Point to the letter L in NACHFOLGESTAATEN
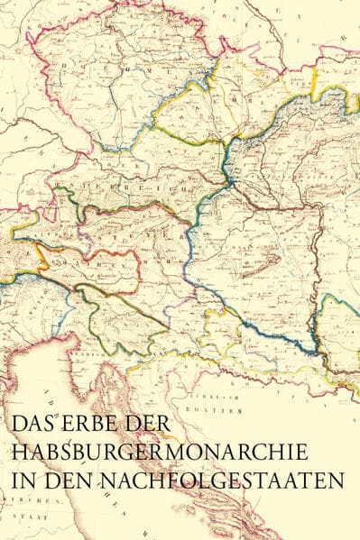tap(226, 480)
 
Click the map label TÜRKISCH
tap(205, 397)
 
